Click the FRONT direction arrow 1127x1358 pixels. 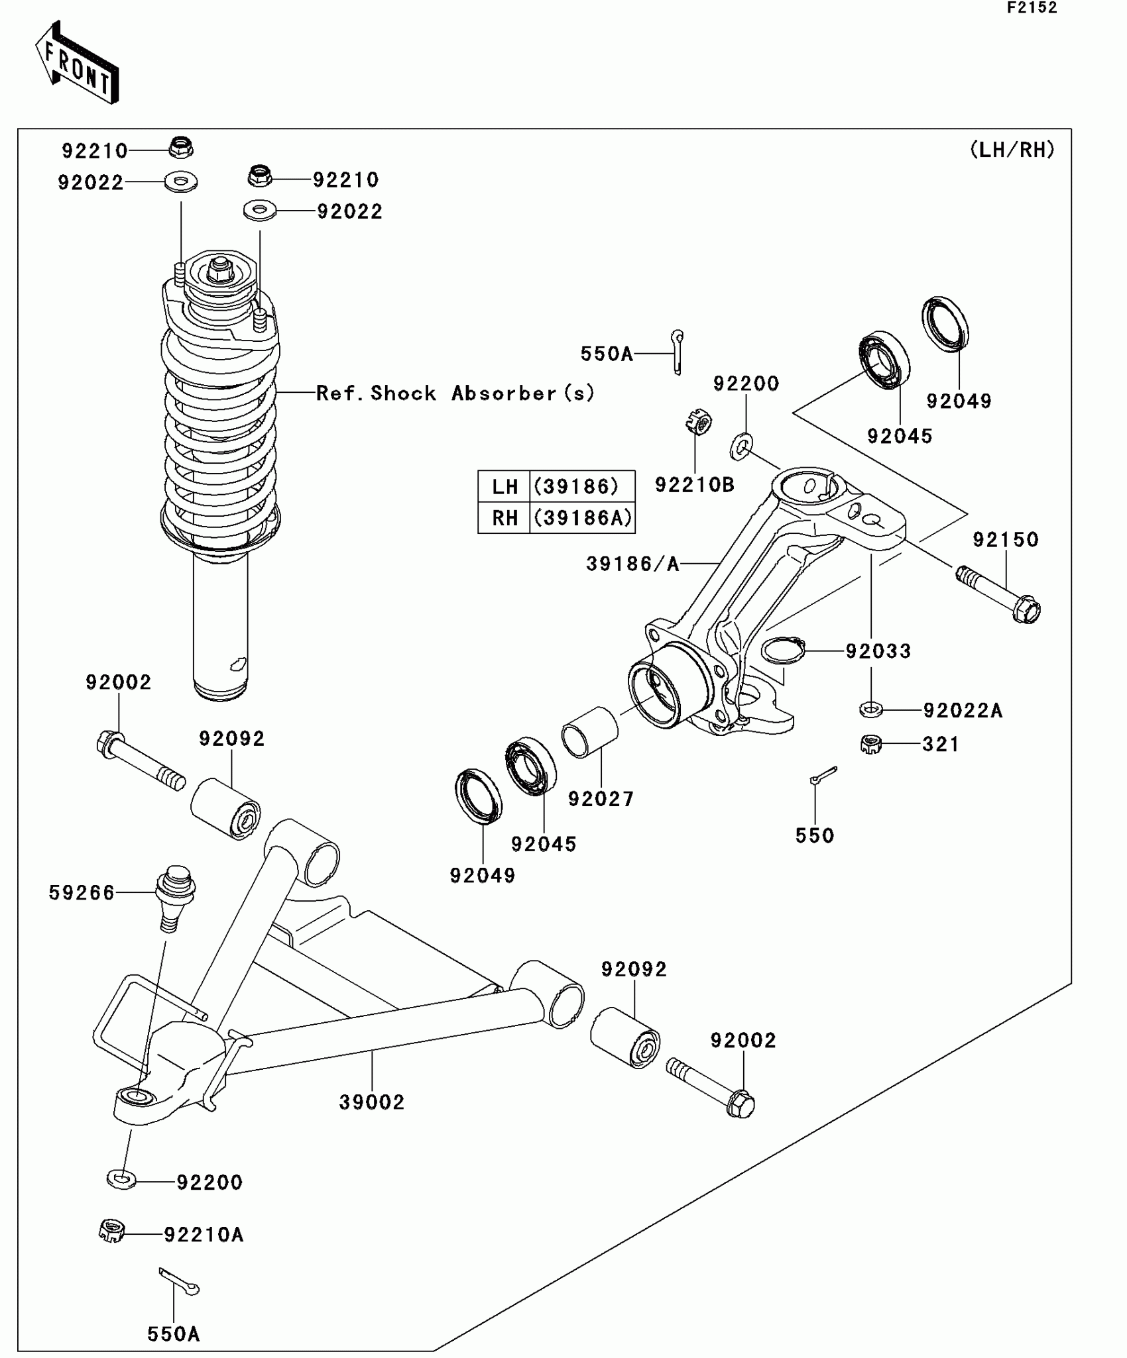pyautogui.click(x=77, y=64)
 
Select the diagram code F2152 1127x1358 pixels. pyautogui.click(x=1032, y=8)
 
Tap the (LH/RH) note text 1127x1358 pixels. pyautogui.click(x=1012, y=150)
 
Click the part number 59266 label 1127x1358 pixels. pyautogui.click(x=82, y=893)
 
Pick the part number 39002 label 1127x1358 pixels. pyautogui.click(x=372, y=1102)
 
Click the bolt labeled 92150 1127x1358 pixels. pyautogui.click(x=998, y=594)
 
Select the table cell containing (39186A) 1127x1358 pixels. pyautogui.click(x=583, y=517)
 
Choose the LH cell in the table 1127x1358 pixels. pyautogui.click(x=504, y=487)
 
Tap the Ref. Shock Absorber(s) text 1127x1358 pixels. pyautogui.click(x=455, y=393)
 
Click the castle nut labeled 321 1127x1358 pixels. pyautogui.click(x=870, y=745)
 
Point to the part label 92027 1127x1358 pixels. pyautogui.click(x=601, y=799)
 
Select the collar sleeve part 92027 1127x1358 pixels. pyautogui.click(x=590, y=731)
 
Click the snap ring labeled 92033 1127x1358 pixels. pyautogui.click(x=783, y=649)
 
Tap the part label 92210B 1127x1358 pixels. pyautogui.click(x=695, y=485)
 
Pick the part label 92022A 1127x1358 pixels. pyautogui.click(x=963, y=711)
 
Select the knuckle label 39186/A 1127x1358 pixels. pyautogui.click(x=633, y=564)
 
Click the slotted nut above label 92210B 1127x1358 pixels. pyautogui.click(x=699, y=421)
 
